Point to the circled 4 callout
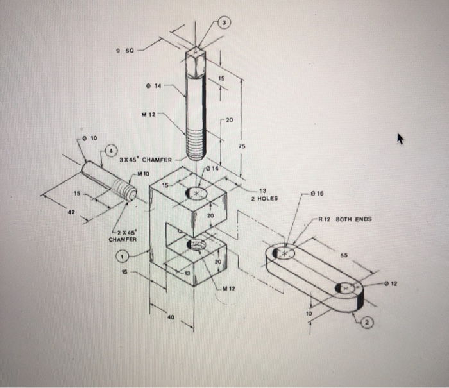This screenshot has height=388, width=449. tap(110, 151)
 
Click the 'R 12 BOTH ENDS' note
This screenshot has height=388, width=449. tap(348, 219)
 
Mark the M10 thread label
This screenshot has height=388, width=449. tap(143, 173)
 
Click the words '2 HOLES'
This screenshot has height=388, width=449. tap(264, 198)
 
